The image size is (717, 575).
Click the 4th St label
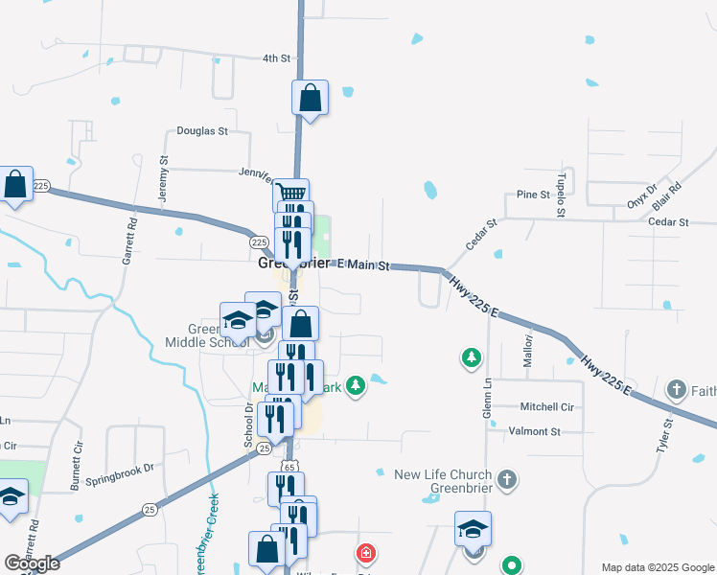point(276,58)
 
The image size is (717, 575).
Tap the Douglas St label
point(202,131)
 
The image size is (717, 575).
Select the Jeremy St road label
point(163,177)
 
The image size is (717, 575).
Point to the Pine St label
point(532,195)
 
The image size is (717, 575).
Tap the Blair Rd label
point(667,196)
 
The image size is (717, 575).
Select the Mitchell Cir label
point(546,407)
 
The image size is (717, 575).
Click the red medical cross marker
point(365,553)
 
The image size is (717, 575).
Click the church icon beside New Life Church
point(508,476)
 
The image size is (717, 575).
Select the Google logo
point(32,563)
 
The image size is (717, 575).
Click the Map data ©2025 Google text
point(657,567)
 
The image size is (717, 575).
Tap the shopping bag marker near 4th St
point(311,97)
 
